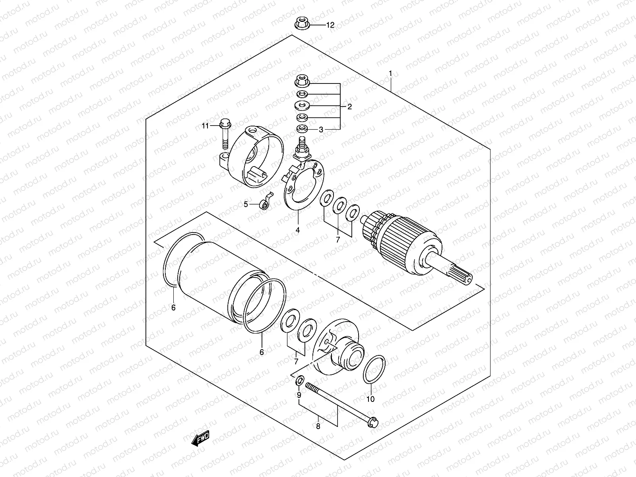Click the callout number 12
pyautogui.click(x=330, y=25)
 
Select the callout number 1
pyautogui.click(x=390, y=73)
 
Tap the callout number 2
pyautogui.click(x=349, y=107)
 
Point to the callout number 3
pyautogui.click(x=321, y=129)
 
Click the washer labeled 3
pyautogui.click(x=302, y=128)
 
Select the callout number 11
pyautogui.click(x=205, y=126)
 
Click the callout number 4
pyautogui.click(x=297, y=230)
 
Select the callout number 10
pyautogui.click(x=370, y=399)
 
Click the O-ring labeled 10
pyautogui.click(x=374, y=369)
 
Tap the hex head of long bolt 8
pyautogui.click(x=373, y=423)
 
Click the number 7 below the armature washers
pyautogui.click(x=338, y=239)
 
